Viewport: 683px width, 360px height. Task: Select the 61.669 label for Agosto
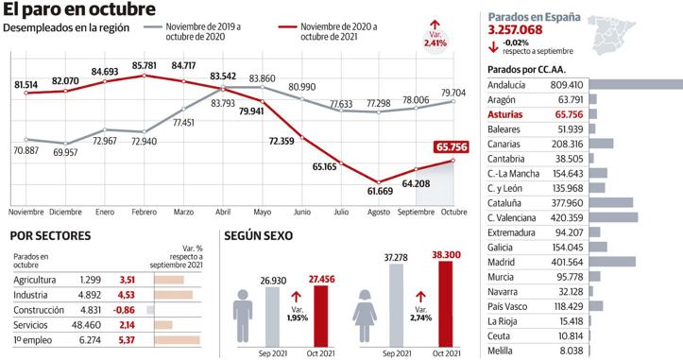click(x=380, y=191)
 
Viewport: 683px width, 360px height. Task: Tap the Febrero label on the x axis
click(x=145, y=212)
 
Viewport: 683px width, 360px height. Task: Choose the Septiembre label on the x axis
click(x=416, y=212)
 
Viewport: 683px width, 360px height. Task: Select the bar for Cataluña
click(x=609, y=202)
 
